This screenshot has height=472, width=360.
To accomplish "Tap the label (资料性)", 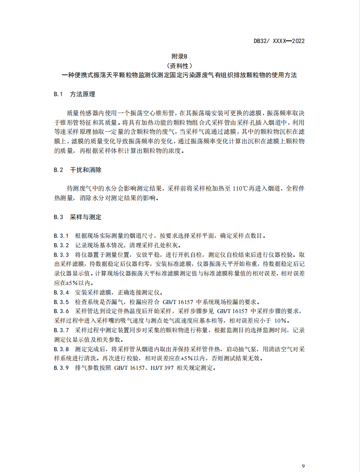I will pyautogui.click(x=180, y=66).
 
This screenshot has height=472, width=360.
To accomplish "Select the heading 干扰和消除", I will pyautogui.click(x=86, y=170).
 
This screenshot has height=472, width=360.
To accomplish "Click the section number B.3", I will pyautogui.click(x=58, y=217).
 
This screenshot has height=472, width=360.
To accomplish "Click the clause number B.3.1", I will pyautogui.click(x=61, y=236).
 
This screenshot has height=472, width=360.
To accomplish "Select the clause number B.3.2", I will pyautogui.click(x=61, y=245).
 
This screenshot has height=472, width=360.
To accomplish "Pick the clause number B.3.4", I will pyautogui.click(x=61, y=292).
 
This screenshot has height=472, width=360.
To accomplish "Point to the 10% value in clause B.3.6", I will pyautogui.click(x=281, y=320).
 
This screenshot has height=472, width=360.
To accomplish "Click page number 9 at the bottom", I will pyautogui.click(x=303, y=466).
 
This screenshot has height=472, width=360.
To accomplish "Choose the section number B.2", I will pyautogui.click(x=58, y=170).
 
